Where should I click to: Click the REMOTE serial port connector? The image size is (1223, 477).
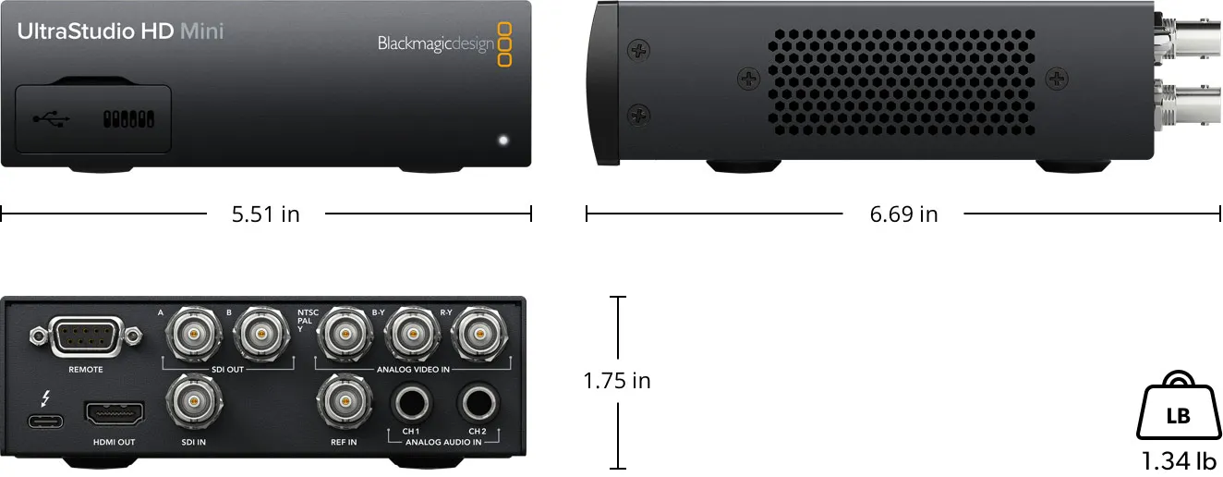pos(85,337)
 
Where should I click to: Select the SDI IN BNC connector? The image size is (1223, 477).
pos(191,404)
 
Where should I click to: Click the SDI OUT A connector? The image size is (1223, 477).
pos(191,332)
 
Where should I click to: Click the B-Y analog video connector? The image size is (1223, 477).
pos(410,332)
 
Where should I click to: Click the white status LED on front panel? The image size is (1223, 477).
pos(503,141)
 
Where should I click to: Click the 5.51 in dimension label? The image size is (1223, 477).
pos(266,214)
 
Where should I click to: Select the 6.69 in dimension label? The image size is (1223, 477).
pos(903,214)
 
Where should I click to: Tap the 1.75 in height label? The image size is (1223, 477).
pos(616,381)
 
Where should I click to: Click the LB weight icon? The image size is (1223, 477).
pos(1178,411)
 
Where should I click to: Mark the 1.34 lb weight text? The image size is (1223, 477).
pos(1180,460)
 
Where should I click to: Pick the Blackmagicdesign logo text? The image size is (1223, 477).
pos(435,44)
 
